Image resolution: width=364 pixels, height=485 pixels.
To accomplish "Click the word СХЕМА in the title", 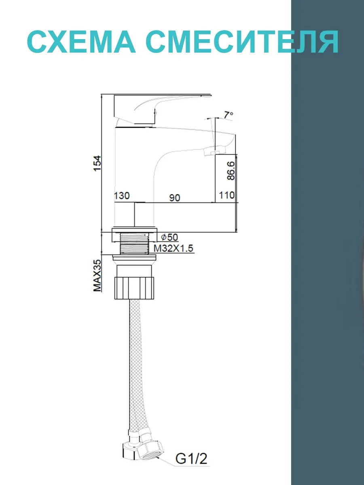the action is coord(81,42).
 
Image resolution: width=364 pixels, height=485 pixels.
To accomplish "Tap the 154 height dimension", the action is coord(97,163).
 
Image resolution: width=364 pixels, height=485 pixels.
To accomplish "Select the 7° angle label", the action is coord(229,115).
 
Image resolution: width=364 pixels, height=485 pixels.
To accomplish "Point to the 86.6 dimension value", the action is coord(231,171).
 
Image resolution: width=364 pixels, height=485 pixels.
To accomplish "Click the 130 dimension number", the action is coord(122,196).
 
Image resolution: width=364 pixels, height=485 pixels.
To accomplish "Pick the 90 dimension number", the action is coord(175,198).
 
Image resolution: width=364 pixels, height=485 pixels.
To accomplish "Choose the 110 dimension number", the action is coord(226,195).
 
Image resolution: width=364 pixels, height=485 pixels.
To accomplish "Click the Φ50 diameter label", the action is coord(169,237).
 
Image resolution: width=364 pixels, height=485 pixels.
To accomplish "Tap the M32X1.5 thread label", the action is coord(174,249).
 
